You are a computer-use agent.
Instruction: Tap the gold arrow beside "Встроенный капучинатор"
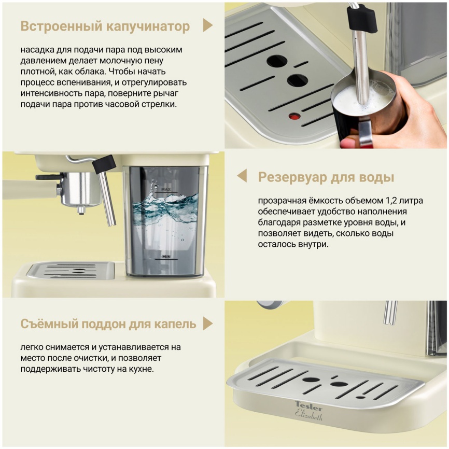207,26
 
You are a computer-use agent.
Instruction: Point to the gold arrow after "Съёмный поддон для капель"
207,324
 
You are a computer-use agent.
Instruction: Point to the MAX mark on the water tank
166,190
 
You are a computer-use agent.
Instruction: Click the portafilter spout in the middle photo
80,210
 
